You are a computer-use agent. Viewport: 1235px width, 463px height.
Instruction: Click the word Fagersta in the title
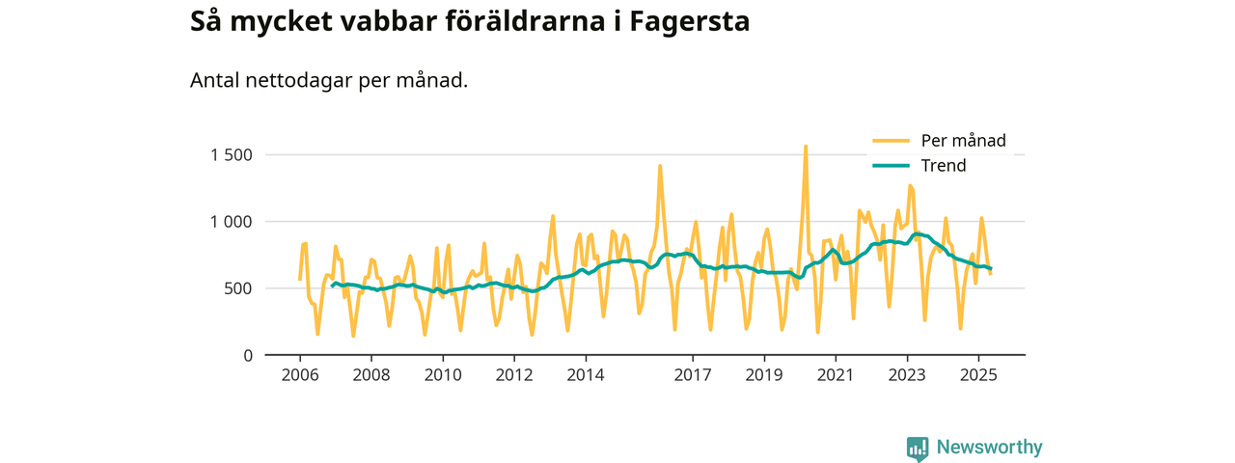pyautogui.click(x=689, y=21)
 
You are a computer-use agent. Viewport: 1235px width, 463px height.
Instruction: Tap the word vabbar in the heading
pyautogui.click(x=385, y=21)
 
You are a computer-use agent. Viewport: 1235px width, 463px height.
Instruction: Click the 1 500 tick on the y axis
pyautogui.click(x=231, y=155)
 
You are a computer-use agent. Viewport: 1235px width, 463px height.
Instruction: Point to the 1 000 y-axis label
pyautogui.click(x=231, y=222)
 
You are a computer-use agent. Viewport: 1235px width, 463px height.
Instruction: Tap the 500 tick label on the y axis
pyautogui.click(x=237, y=288)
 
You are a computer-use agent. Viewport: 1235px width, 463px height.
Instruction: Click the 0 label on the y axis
pyautogui.click(x=247, y=356)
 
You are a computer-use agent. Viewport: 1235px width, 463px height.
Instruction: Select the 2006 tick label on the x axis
pyautogui.click(x=299, y=373)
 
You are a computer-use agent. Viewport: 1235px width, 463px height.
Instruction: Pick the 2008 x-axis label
pyautogui.click(x=370, y=373)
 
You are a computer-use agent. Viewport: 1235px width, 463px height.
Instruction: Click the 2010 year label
pyautogui.click(x=442, y=373)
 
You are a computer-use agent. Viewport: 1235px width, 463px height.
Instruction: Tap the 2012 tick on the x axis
pyautogui.click(x=513, y=373)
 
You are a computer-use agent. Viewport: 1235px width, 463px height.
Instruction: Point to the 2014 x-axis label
pyautogui.click(x=585, y=373)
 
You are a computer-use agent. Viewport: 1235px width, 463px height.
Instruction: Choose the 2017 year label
pyautogui.click(x=693, y=373)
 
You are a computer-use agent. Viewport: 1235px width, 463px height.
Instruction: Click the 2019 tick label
pyautogui.click(x=764, y=373)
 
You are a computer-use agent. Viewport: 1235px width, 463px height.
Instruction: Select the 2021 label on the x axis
pyautogui.click(x=836, y=373)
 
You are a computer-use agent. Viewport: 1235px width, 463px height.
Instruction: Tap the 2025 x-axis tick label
pyautogui.click(x=978, y=373)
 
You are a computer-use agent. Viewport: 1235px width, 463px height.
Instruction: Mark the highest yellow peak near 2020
pyautogui.click(x=806, y=147)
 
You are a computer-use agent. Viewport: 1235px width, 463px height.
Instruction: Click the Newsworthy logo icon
pyautogui.click(x=918, y=449)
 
